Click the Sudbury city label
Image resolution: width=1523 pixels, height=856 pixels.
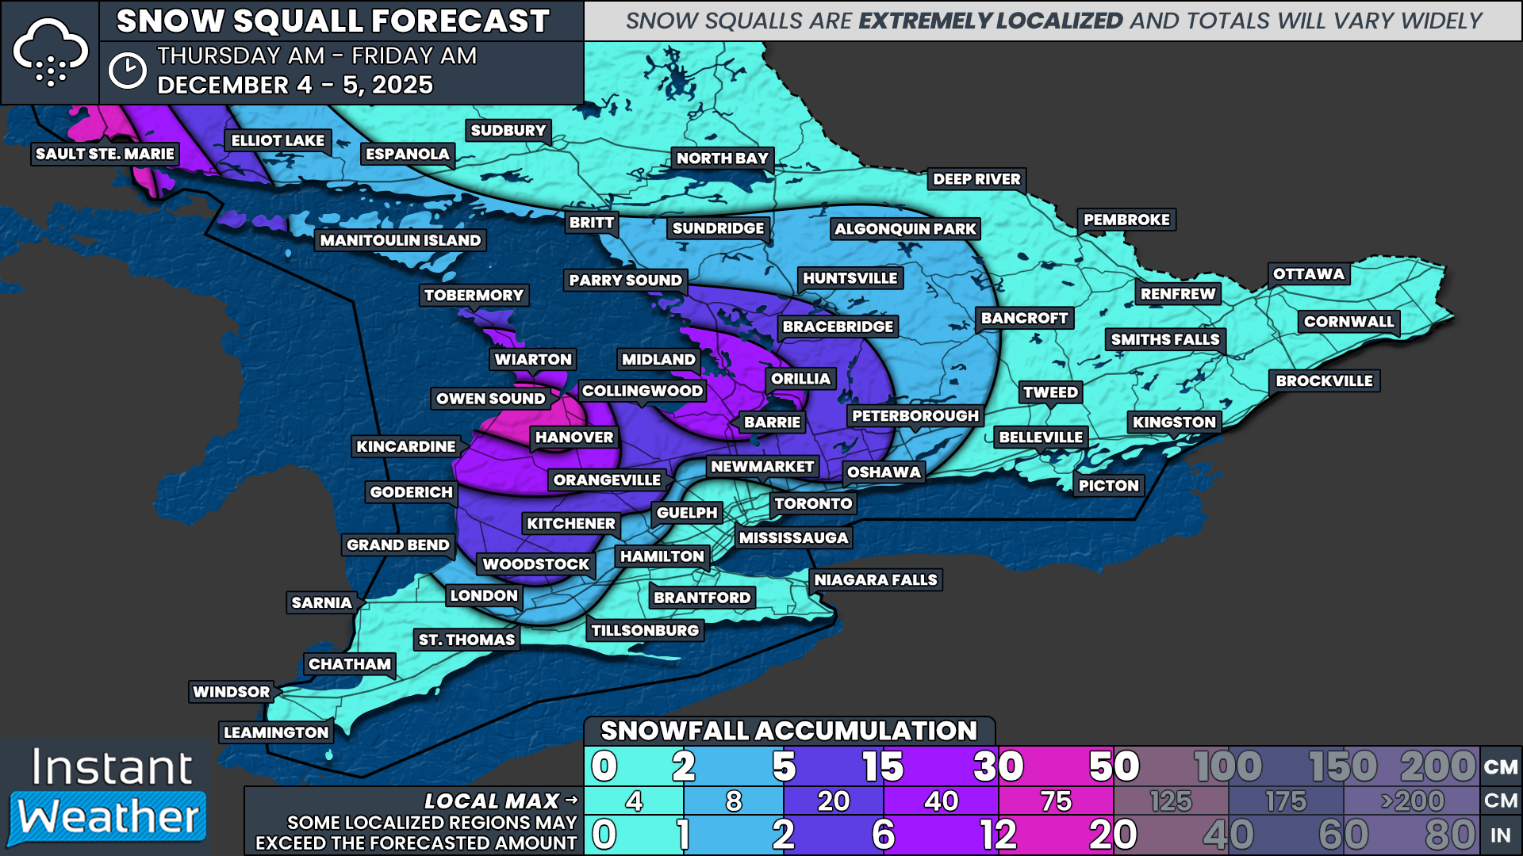pos(508,131)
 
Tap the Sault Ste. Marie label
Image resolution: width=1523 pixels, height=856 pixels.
pos(105,154)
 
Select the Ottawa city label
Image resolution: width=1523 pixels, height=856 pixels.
pos(1308,274)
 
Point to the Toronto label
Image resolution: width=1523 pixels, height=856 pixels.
pos(813,503)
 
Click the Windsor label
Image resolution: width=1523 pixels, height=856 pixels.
pos(231,692)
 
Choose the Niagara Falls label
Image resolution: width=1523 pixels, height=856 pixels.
pos(875,580)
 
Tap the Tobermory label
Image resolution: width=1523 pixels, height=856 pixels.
pos(474,296)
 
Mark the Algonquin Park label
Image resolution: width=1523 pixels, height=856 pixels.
pos(905,229)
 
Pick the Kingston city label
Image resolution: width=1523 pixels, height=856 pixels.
pos(1173,422)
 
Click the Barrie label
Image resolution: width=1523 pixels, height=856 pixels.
pos(772,422)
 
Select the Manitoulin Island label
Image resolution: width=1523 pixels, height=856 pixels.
pos(400,240)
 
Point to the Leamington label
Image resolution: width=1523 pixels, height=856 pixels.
pos(275,732)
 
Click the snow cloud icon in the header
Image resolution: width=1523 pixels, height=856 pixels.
pos(50,52)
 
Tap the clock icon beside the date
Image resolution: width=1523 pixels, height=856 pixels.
pos(127,71)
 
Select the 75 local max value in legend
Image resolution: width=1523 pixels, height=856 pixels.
pos(1056,801)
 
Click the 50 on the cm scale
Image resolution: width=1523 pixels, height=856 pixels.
pos(1114,766)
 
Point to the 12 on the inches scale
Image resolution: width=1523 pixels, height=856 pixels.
pos(998,835)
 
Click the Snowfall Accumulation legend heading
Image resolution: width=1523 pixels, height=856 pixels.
pos(788,731)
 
